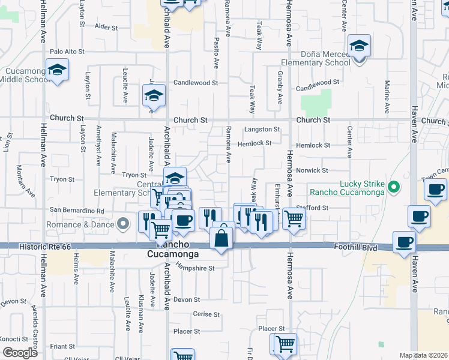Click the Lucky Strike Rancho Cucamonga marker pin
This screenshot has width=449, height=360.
pyautogui.click(x=394, y=187)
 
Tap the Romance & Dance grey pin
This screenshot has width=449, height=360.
pyautogui.click(x=124, y=224)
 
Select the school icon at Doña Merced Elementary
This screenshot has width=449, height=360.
pyautogui.click(x=359, y=47)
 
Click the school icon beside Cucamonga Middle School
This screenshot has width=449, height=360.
pyautogui.click(x=57, y=71)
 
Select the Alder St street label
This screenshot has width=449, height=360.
pyautogui.click(x=106, y=27)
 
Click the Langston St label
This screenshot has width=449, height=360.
pyautogui.click(x=262, y=130)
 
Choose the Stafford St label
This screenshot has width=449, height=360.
pyautogui.click(x=318, y=208)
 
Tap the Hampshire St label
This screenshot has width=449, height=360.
pyautogui.click(x=194, y=268)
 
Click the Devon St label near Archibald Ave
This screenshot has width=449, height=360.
pyautogui.click(x=186, y=299)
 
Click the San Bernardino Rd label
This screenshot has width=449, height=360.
pyautogui.click(x=77, y=211)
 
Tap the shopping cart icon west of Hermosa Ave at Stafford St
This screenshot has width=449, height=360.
pyautogui.click(x=294, y=219)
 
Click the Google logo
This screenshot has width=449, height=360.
pyautogui.click(x=20, y=353)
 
